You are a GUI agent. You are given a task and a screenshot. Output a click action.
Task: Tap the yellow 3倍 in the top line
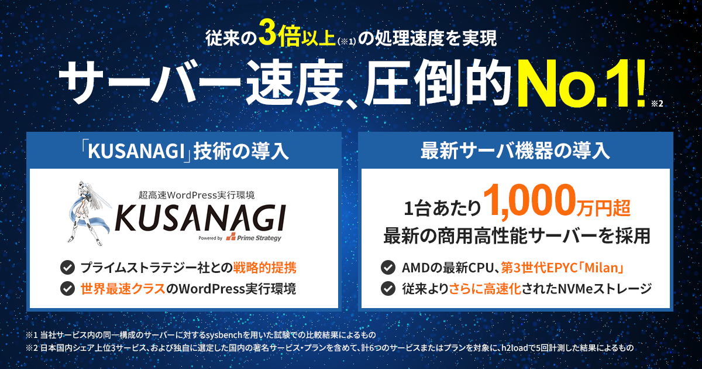280,37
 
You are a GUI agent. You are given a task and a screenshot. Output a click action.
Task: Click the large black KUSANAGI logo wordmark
200,218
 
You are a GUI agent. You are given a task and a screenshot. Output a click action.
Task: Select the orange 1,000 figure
529,201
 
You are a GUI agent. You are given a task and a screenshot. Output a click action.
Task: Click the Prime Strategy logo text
259,238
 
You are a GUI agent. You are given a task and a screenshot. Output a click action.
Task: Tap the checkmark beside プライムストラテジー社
67,268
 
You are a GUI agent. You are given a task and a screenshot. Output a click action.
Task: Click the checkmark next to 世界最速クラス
67,289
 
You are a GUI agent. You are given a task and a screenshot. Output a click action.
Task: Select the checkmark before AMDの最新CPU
388,268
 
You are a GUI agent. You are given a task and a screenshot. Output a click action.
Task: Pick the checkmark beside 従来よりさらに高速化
388,289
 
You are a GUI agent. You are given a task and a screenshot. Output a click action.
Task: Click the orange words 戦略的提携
265,268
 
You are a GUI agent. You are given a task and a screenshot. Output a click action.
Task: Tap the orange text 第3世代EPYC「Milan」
562,268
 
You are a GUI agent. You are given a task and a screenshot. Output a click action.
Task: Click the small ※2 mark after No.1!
657,104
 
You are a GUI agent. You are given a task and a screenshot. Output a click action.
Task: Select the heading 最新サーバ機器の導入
515,151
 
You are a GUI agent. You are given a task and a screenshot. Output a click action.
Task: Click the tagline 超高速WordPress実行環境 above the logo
197,195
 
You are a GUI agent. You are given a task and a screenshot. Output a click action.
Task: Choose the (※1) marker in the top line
346,41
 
